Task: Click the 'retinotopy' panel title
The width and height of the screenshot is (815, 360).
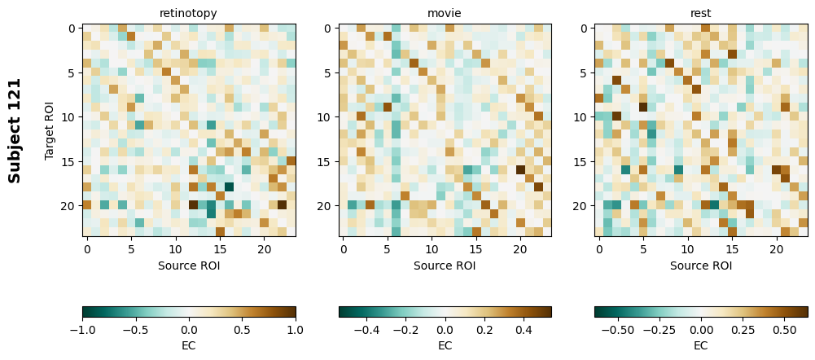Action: coord(189,13)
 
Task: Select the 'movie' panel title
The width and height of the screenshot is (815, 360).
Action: coord(445,13)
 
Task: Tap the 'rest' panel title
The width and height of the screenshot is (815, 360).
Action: coord(700,13)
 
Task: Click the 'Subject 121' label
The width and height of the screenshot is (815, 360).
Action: coord(15,130)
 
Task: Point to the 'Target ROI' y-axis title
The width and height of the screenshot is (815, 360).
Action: coord(50,130)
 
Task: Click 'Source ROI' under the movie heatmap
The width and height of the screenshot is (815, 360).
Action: coord(445,266)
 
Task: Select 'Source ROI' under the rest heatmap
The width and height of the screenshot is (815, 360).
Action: coord(700,266)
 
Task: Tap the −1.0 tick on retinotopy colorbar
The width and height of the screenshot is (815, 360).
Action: coord(82,330)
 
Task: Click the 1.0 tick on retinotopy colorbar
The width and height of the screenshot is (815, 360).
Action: coord(296,330)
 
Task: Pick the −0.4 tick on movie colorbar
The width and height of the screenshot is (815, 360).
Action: coord(366,330)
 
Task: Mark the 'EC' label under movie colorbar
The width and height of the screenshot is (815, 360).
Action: coord(445,345)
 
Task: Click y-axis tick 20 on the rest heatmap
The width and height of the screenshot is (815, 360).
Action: coord(581,206)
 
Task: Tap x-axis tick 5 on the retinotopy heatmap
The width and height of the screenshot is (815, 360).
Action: coord(131,248)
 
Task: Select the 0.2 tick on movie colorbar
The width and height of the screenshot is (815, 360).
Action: coord(484,330)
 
